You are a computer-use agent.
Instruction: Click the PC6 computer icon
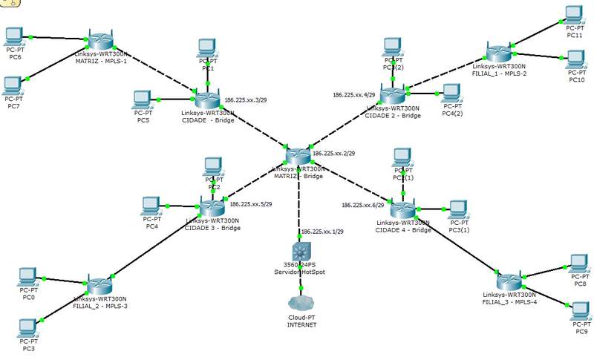coord(13,36)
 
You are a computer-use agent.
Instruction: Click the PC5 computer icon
coord(142,99)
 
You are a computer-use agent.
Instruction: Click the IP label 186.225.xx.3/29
coord(246,99)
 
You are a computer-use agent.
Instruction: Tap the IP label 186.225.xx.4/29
coord(354,95)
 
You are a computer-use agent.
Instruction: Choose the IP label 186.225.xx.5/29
coord(251,204)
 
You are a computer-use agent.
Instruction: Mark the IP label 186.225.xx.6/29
coord(363,205)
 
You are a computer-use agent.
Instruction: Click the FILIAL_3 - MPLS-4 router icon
coord(509,282)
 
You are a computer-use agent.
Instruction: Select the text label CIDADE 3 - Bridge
coord(212,228)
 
